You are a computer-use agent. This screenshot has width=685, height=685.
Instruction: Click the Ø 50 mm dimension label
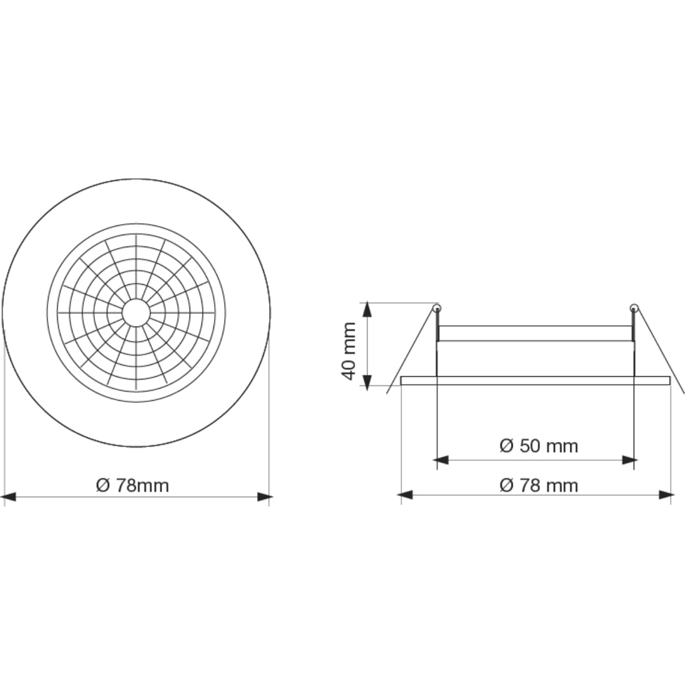(x=539, y=446)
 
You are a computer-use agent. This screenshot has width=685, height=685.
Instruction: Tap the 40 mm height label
(x=349, y=351)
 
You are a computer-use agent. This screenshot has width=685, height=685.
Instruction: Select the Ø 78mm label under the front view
(x=132, y=485)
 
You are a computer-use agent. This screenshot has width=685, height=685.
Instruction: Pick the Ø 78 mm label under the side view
(x=539, y=485)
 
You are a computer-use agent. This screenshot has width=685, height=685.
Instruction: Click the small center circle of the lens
(x=136, y=312)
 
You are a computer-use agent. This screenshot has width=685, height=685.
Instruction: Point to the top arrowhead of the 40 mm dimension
(x=366, y=309)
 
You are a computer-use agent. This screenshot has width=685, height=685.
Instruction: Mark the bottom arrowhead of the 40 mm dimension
(x=366, y=379)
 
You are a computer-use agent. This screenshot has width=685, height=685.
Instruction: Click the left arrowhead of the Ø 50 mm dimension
(x=442, y=460)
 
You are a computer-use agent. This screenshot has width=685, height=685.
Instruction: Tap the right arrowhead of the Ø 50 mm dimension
(x=628, y=460)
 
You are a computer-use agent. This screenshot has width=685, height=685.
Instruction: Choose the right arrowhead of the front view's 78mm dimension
(x=265, y=497)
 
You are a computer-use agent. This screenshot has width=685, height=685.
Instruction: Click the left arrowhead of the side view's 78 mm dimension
(x=406, y=495)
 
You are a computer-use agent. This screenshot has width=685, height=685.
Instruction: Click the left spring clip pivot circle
(x=436, y=308)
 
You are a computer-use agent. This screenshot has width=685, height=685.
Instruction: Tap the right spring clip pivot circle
(x=633, y=308)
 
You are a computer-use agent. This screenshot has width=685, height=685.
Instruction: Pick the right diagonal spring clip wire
(x=661, y=355)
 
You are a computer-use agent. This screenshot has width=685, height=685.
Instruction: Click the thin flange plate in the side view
(x=535, y=381)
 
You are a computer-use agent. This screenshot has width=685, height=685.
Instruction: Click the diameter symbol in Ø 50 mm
(x=506, y=446)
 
